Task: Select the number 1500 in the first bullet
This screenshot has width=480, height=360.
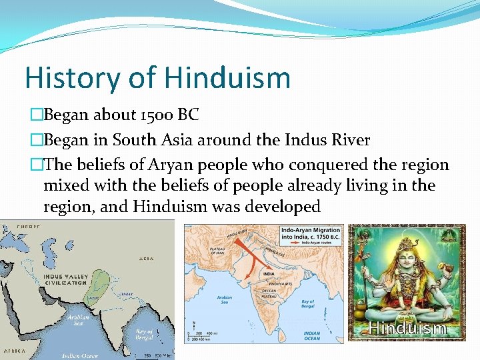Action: click(154, 115)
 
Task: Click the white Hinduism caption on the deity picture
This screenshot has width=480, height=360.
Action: click(407, 328)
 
